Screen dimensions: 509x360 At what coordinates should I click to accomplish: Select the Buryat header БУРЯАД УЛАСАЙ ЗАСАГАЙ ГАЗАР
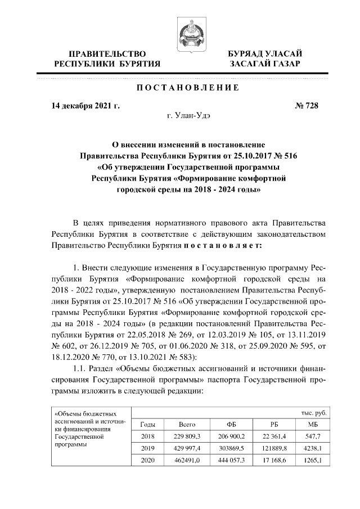pyautogui.click(x=264, y=59)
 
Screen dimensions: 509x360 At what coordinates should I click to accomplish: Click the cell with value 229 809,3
pyautogui.click(x=187, y=436)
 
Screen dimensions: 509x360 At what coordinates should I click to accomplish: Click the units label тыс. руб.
pyautogui.click(x=313, y=412)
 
